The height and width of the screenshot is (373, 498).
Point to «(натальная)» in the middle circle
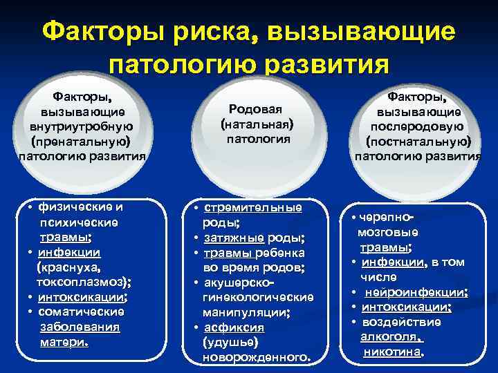pos(257,125)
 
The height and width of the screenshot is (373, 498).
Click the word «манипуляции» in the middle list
pos(246,312)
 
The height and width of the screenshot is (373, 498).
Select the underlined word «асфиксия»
pos(232,327)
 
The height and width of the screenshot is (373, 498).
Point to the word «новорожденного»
pos(255,357)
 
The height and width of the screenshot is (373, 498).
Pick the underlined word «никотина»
pos(393,352)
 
